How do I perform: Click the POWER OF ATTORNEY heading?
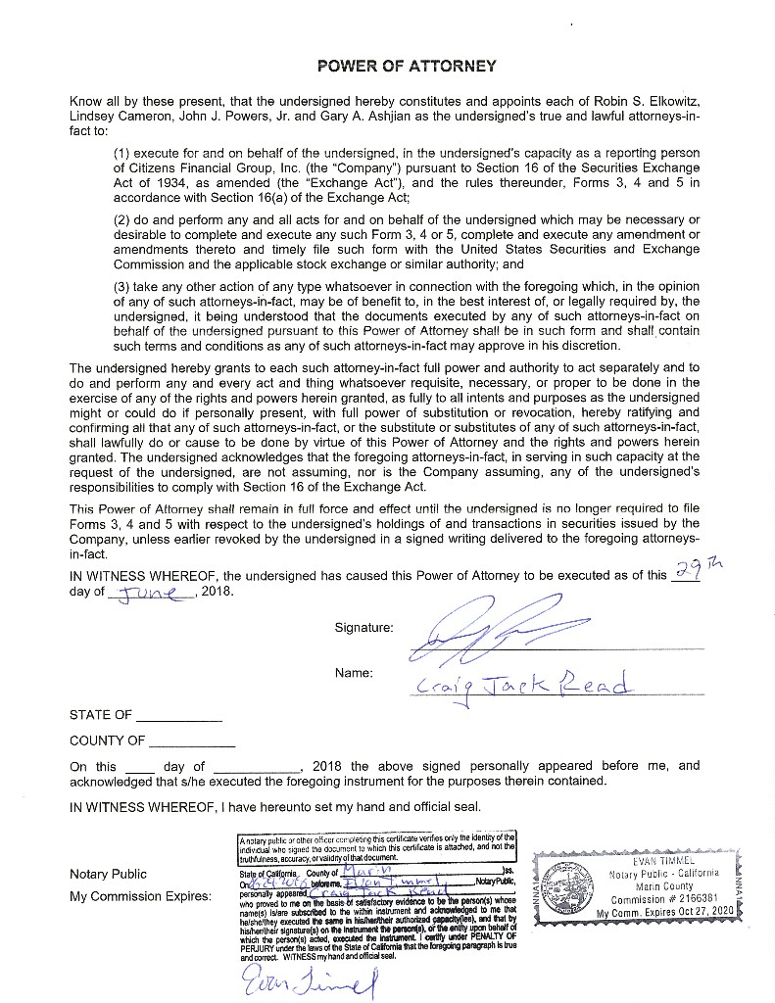407,67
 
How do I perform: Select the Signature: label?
363,627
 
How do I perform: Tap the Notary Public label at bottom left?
108,874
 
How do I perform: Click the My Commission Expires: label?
140,896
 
